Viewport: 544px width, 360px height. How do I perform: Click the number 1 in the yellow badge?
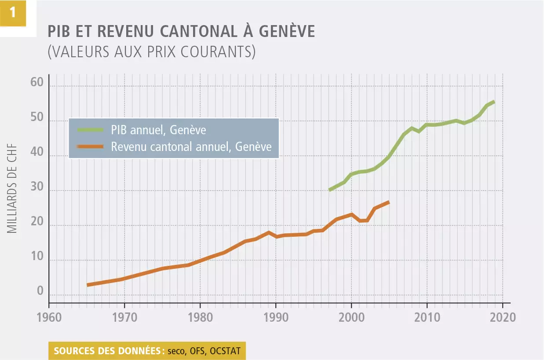(13, 12)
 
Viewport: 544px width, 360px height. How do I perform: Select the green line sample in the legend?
(90, 130)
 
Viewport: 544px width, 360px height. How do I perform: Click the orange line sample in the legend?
(90, 146)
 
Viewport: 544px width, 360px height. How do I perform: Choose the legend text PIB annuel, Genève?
(158, 130)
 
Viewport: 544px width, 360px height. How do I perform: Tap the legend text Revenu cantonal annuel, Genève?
(191, 146)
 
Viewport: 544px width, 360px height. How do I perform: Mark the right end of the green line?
(494, 102)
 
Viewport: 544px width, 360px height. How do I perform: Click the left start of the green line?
(329, 190)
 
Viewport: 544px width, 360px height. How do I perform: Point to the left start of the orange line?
(87, 285)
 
